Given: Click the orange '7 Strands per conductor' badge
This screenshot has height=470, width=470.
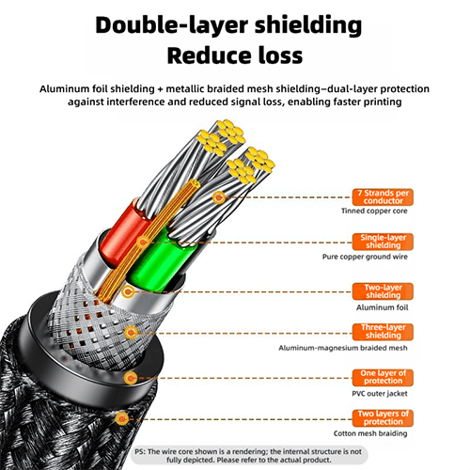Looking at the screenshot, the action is pyautogui.click(x=383, y=197).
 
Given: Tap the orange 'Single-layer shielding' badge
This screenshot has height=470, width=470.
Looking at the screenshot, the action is pyautogui.click(x=383, y=242).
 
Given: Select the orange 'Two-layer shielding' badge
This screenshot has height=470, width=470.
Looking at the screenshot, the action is pyautogui.click(x=383, y=291).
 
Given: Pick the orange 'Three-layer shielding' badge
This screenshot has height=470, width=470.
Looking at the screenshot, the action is pyautogui.click(x=383, y=332).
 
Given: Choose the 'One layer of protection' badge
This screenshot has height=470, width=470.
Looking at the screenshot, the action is pyautogui.click(x=383, y=378).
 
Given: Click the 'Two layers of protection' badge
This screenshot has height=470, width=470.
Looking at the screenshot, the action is pyautogui.click(x=383, y=418).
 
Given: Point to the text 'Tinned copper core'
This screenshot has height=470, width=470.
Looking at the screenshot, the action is pyautogui.click(x=374, y=211).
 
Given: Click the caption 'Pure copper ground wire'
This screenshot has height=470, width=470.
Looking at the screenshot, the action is pyautogui.click(x=365, y=257).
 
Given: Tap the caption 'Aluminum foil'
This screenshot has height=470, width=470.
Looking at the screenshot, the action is pyautogui.click(x=382, y=307).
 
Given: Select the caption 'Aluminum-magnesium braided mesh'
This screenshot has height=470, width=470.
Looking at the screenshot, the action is pyautogui.click(x=343, y=348).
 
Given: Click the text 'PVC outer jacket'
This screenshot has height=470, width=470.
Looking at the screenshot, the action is pyautogui.click(x=380, y=394).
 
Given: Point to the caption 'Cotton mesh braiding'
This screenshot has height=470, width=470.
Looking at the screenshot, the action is pyautogui.click(x=370, y=433).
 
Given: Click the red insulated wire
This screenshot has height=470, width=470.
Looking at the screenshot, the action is pyautogui.click(x=124, y=232).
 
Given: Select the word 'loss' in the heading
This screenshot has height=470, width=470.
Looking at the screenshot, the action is pyautogui.click(x=280, y=55).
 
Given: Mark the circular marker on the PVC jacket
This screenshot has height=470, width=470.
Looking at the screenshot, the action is pyautogui.click(x=131, y=378).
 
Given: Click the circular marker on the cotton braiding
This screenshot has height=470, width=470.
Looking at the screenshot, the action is pyautogui.click(x=121, y=418).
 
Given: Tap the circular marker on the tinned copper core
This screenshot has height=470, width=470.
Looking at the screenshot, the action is pyautogui.click(x=219, y=197).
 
